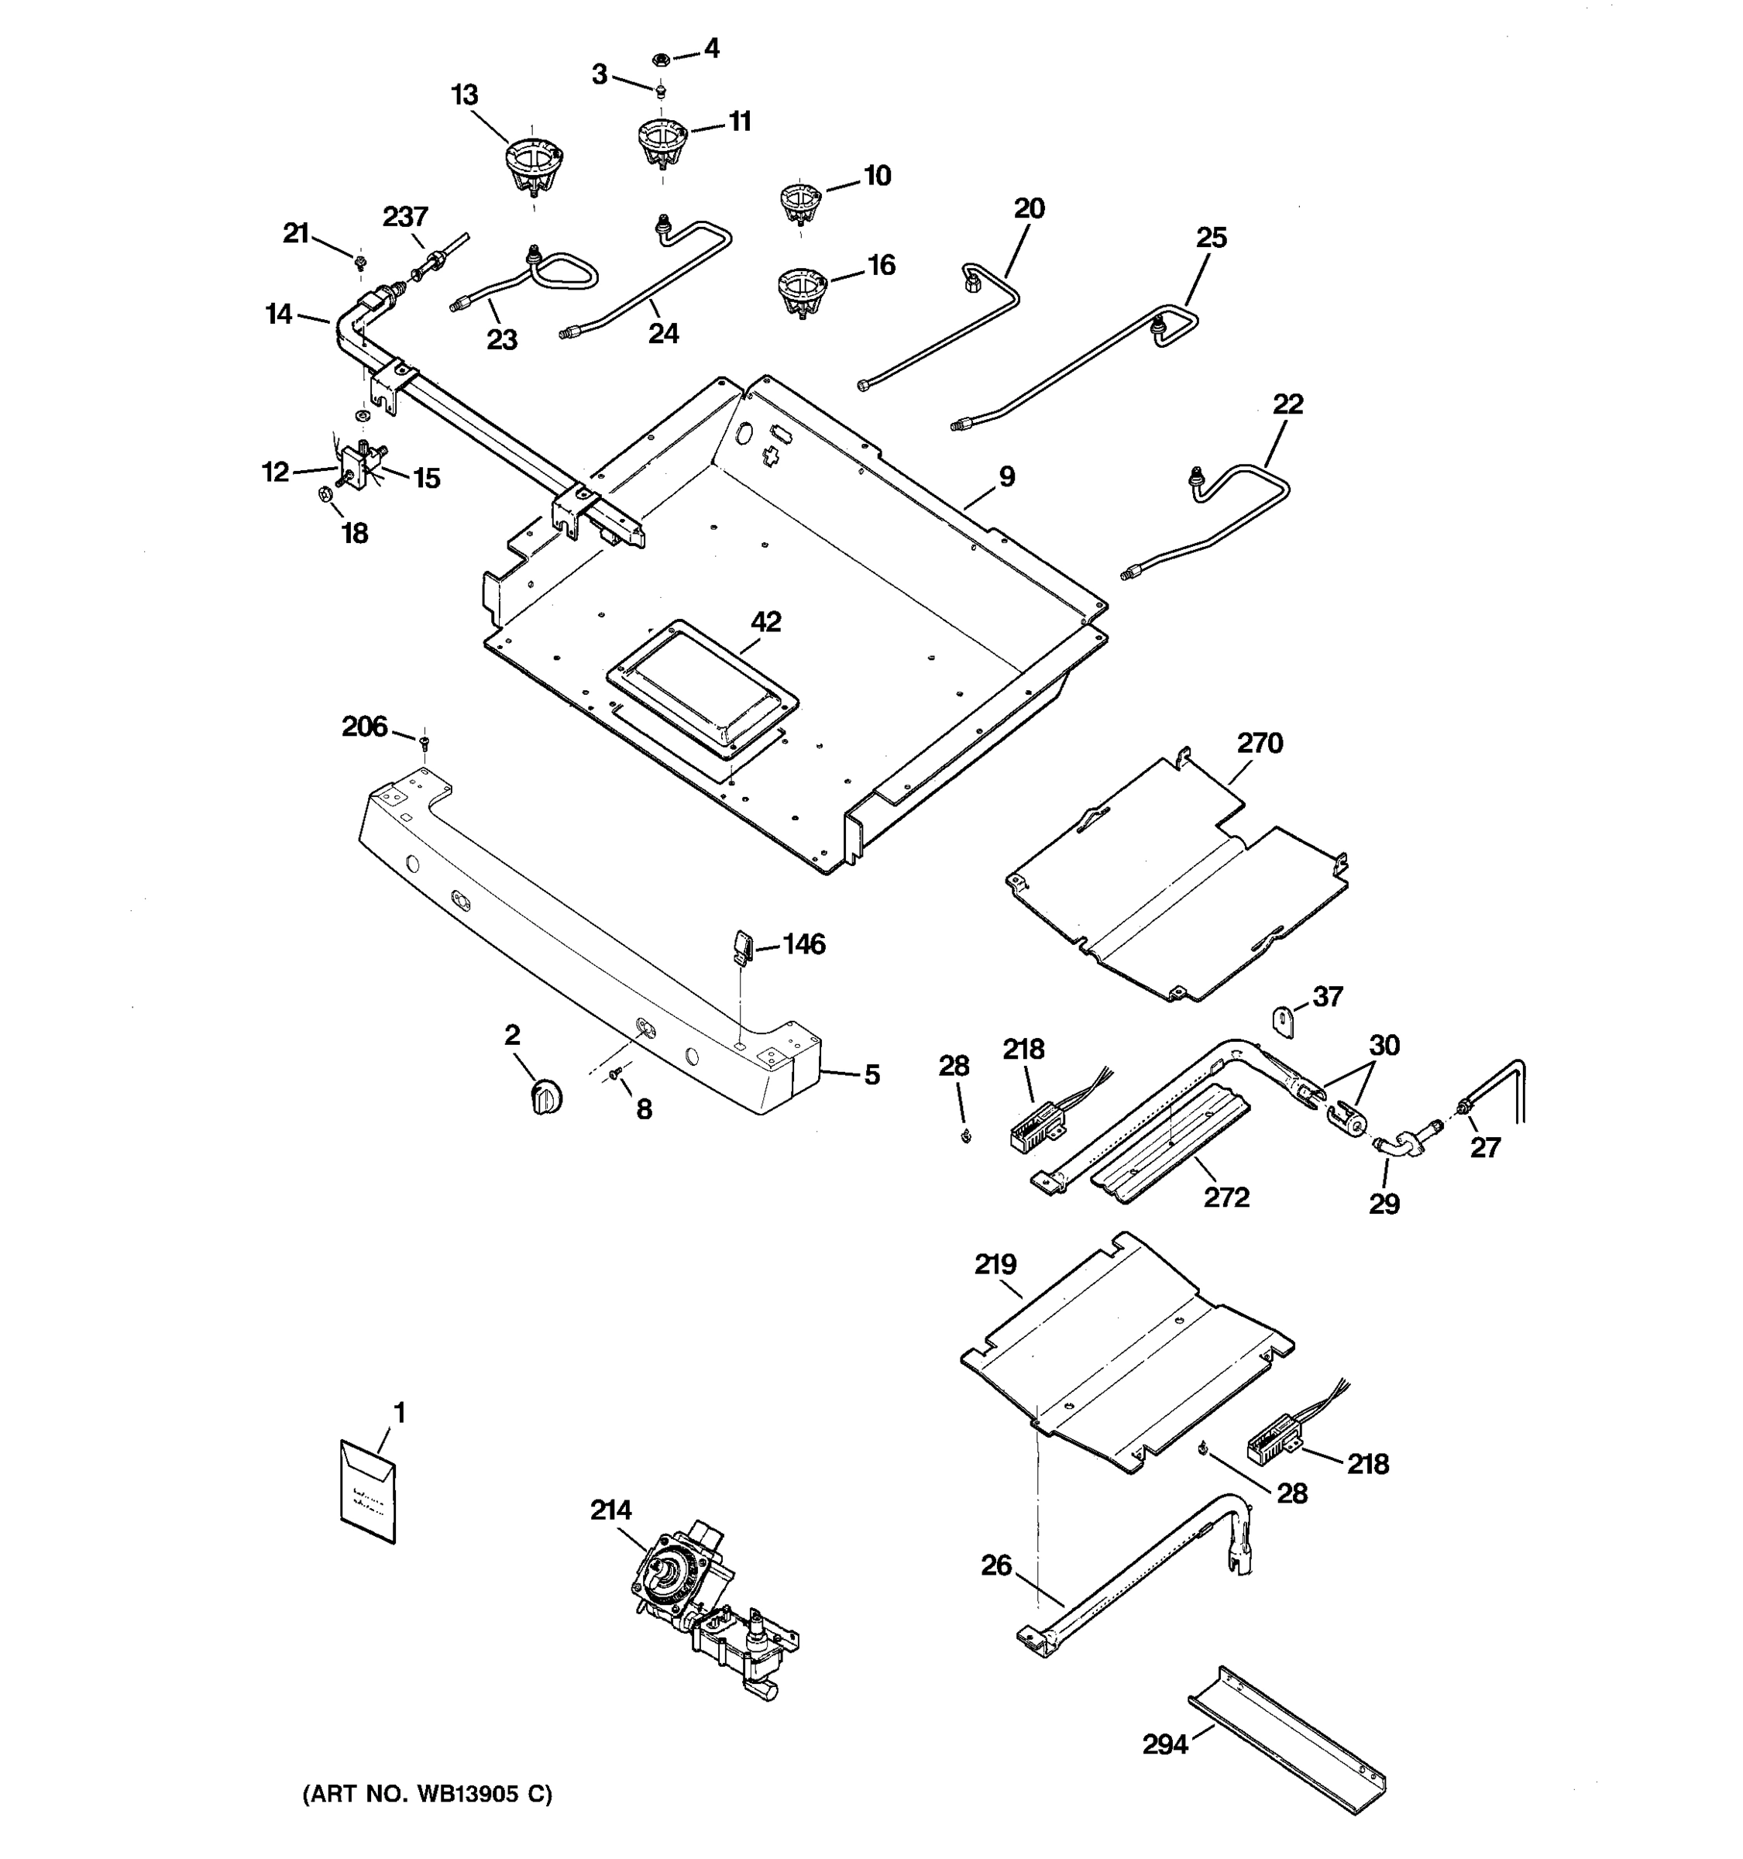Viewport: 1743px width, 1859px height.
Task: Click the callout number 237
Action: click(x=405, y=217)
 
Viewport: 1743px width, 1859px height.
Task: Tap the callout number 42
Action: click(x=766, y=622)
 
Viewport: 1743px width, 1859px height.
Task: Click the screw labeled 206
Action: click(x=425, y=743)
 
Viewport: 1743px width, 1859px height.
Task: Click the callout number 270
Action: click(x=1260, y=744)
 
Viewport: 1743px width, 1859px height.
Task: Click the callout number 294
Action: click(x=1165, y=1744)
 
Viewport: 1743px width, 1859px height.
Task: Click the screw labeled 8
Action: click(x=614, y=1077)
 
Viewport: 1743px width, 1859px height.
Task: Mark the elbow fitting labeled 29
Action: click(x=1395, y=1146)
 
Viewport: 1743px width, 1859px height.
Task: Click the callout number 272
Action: click(x=1226, y=1197)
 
